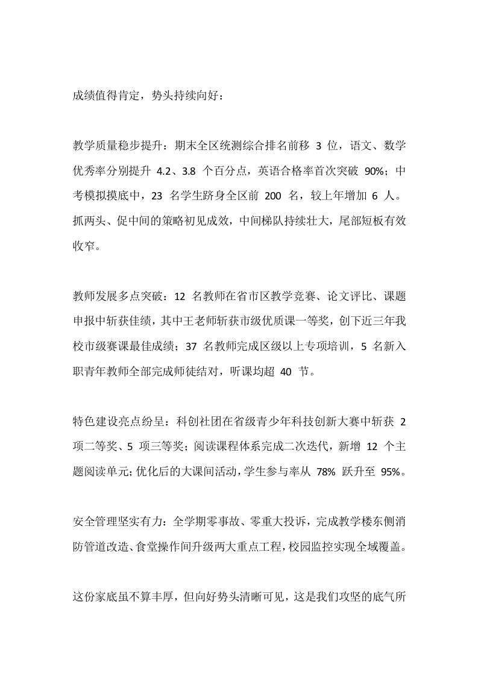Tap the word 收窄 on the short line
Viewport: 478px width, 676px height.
point(83,246)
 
